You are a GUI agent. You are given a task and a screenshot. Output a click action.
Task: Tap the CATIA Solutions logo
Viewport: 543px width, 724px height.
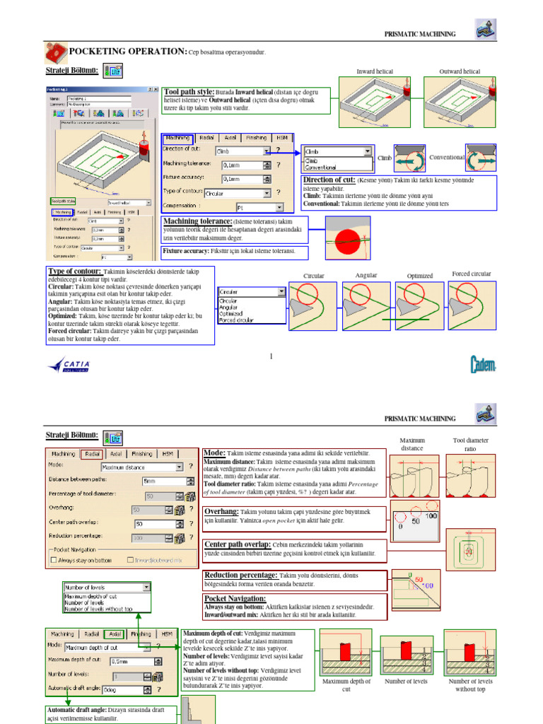[69, 365]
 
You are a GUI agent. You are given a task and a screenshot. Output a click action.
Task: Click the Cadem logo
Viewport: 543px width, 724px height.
[484, 364]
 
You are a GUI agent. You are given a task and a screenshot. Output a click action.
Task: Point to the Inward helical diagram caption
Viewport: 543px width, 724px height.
[375, 71]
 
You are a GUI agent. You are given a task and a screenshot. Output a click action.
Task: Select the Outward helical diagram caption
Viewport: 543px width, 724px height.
[460, 71]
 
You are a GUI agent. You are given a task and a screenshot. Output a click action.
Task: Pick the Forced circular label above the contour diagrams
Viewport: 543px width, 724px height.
[472, 274]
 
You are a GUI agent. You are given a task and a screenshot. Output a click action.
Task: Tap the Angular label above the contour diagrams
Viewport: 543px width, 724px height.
[366, 275]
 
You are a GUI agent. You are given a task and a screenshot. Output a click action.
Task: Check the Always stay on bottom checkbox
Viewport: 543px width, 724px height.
[54, 559]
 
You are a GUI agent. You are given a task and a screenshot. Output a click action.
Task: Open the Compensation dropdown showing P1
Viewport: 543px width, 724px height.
[259, 208]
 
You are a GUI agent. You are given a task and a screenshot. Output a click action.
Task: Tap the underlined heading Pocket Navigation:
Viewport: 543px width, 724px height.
[234, 599]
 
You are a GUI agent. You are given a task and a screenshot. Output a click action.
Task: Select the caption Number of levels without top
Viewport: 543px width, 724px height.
[470, 684]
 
